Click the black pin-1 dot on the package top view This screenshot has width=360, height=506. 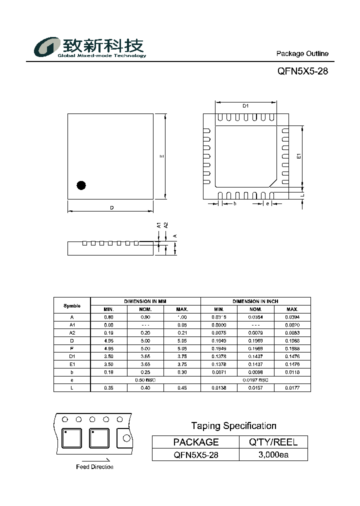pyautogui.click(x=81, y=185)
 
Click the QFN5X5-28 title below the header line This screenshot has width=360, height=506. pyautogui.click(x=302, y=71)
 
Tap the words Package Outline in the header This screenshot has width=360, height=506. pyautogui.click(x=302, y=53)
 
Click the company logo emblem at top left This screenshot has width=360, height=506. pyautogui.click(x=47, y=48)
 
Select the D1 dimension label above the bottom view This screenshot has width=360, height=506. pyautogui.click(x=245, y=106)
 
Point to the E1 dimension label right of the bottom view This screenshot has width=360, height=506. pyautogui.click(x=298, y=156)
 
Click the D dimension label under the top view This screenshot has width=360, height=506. pyautogui.click(x=112, y=207)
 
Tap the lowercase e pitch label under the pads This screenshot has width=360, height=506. pyautogui.click(x=267, y=203)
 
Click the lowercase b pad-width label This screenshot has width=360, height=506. pyautogui.click(x=234, y=203)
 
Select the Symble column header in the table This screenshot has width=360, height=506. pyautogui.click(x=72, y=305)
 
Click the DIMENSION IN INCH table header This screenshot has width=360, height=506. pyautogui.click(x=255, y=301)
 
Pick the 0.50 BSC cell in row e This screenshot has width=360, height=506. pyautogui.click(x=145, y=380)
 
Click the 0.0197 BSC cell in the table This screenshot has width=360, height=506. pyautogui.click(x=255, y=380)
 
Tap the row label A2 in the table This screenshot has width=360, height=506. pyautogui.click(x=72, y=332)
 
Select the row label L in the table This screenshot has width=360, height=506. pyautogui.click(x=72, y=388)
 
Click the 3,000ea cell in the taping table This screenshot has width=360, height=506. pyautogui.click(x=273, y=454)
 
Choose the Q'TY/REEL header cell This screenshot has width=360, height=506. pyautogui.click(x=273, y=442)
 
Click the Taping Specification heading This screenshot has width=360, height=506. pyautogui.click(x=233, y=426)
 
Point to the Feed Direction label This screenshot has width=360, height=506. pyautogui.click(x=94, y=467)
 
